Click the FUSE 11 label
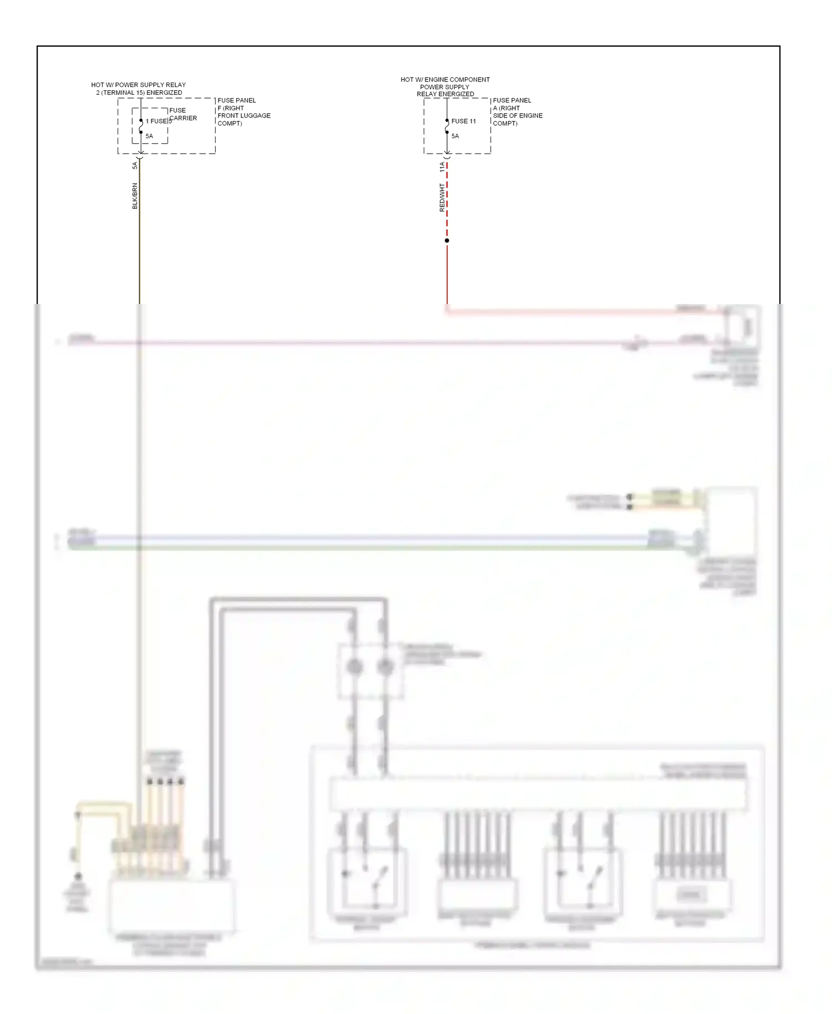(x=463, y=121)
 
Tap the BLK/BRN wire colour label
(x=135, y=196)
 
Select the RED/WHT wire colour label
(x=442, y=198)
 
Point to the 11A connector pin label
(x=442, y=166)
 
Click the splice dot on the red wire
(x=447, y=240)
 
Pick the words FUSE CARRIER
(x=182, y=114)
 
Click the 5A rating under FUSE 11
(x=455, y=136)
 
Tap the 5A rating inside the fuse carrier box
(x=149, y=136)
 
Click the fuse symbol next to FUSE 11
(x=447, y=126)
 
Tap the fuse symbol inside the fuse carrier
(x=141, y=126)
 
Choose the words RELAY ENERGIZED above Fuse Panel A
(x=445, y=94)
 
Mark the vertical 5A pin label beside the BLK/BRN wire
(x=135, y=165)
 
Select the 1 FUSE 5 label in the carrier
(x=158, y=121)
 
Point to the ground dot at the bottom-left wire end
(x=78, y=876)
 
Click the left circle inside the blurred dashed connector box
(x=355, y=667)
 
